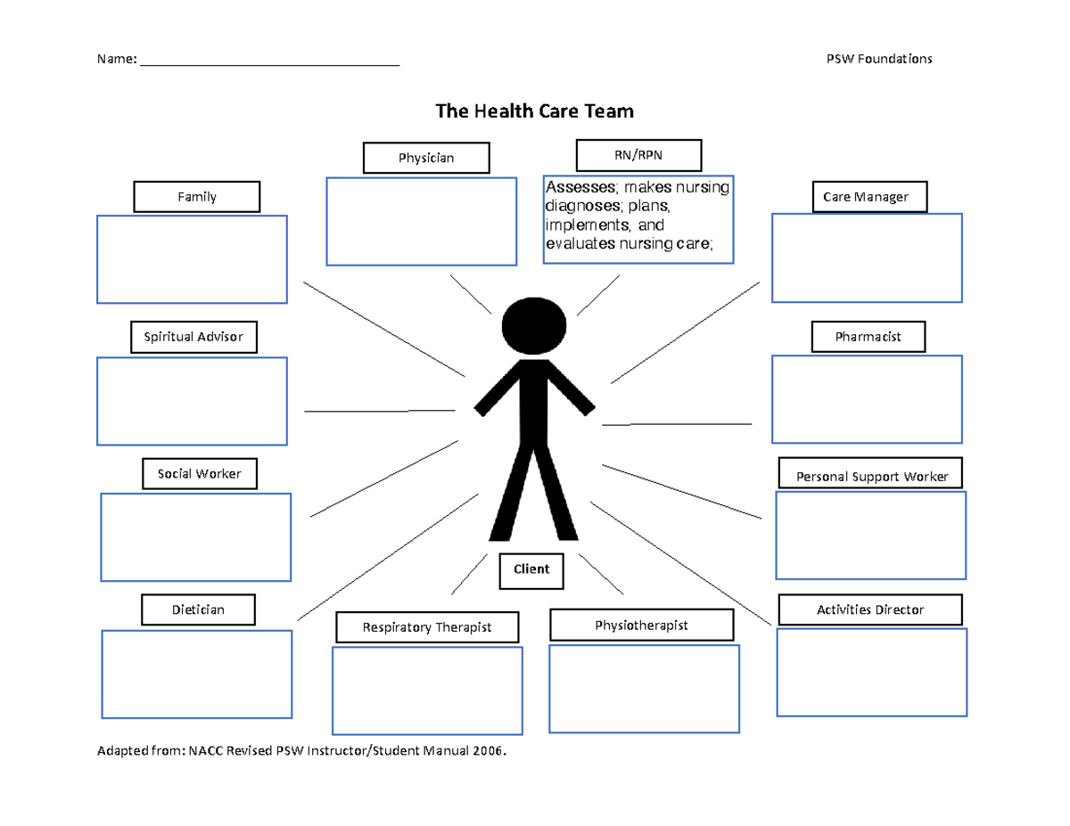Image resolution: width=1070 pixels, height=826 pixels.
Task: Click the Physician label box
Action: coord(426,158)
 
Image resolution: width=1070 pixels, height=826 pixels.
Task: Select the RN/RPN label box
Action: coord(638,155)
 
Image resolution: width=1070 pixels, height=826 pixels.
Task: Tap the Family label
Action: coord(197,197)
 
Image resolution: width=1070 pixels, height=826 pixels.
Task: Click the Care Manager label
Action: coord(869,197)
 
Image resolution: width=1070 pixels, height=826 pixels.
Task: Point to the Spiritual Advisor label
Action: coord(193,337)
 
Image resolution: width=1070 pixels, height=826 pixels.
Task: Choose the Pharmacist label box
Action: coord(868,337)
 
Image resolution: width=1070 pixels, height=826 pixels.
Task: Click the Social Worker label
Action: coord(200,474)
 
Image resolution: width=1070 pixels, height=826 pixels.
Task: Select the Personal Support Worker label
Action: coord(870,477)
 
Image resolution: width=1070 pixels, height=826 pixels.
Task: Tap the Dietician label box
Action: coord(198,609)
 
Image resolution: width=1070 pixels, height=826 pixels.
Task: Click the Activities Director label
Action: coord(870,609)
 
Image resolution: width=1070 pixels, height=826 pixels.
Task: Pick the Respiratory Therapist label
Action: coord(426,627)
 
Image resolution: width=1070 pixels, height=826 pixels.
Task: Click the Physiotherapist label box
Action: coord(641,626)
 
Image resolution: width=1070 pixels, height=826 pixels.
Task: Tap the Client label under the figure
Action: coord(531,568)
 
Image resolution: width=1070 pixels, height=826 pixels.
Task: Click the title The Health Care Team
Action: coord(534,111)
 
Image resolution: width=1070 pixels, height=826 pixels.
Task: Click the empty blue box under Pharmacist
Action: coord(867,398)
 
